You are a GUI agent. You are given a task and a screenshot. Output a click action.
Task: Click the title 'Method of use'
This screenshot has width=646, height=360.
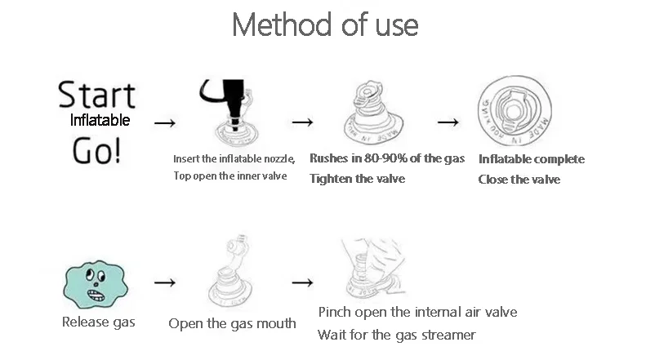pyautogui.click(x=325, y=24)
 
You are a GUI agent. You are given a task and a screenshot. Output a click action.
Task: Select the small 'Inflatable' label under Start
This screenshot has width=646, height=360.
pyautogui.click(x=100, y=120)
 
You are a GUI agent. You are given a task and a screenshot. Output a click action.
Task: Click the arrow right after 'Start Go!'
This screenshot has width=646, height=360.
pyautogui.click(x=165, y=123)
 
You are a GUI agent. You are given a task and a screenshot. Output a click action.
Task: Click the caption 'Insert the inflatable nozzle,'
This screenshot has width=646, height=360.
pyautogui.click(x=234, y=159)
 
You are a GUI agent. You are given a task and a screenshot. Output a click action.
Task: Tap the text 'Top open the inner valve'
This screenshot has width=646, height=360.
pyautogui.click(x=229, y=176)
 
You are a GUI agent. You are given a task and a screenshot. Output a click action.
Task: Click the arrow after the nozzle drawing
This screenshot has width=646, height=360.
pyautogui.click(x=303, y=122)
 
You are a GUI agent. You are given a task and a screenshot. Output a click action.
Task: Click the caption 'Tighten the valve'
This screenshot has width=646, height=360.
pyautogui.click(x=357, y=178)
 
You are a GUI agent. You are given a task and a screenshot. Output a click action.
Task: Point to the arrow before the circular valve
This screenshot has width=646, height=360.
pyautogui.click(x=448, y=122)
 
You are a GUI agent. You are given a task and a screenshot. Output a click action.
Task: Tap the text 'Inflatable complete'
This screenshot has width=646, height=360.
pyautogui.click(x=531, y=159)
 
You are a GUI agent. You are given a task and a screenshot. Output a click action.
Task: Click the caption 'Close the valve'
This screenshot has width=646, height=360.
pyautogui.click(x=519, y=180)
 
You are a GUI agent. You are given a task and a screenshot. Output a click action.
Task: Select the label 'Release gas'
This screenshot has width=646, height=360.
pyautogui.click(x=99, y=322)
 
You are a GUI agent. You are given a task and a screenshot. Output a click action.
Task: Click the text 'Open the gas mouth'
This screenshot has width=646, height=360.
pyautogui.click(x=232, y=323)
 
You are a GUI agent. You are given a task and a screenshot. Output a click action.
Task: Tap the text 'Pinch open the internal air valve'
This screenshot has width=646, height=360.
pyautogui.click(x=417, y=312)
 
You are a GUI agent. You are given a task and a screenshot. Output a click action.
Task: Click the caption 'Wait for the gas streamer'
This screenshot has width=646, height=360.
pyautogui.click(x=396, y=335)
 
